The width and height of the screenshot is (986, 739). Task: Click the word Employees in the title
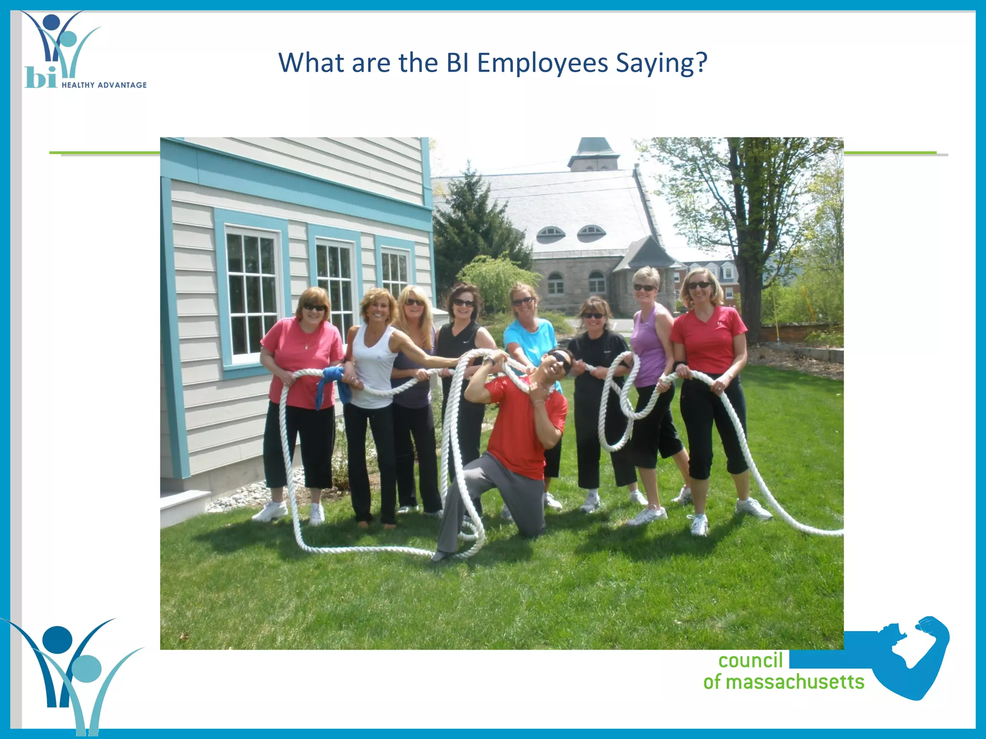pos(543,63)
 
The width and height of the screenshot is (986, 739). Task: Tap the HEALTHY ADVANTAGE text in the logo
pos(104,85)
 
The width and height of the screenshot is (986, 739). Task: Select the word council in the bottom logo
pos(750,661)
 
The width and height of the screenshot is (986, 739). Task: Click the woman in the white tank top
pos(373,366)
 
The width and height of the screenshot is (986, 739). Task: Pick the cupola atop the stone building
pos(593,154)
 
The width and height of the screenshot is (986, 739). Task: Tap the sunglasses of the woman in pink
pos(314,307)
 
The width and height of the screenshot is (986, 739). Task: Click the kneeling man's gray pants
pos(486,496)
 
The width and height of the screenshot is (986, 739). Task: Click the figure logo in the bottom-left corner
pos(72,674)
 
